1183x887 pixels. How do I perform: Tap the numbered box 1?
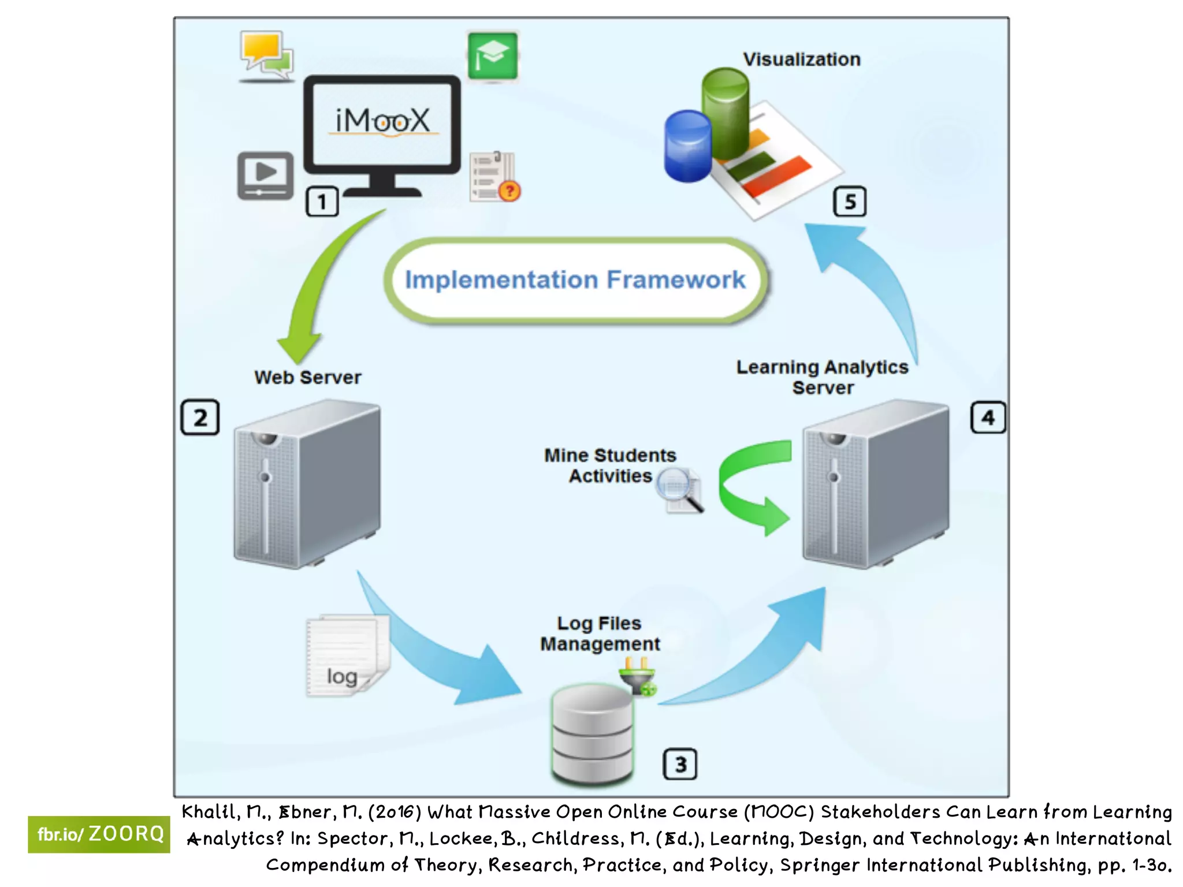[322, 202]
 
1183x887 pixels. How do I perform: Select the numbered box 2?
[200, 417]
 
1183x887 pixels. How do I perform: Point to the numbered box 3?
[680, 764]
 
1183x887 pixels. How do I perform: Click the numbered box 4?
[988, 418]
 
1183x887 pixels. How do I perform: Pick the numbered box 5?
[850, 202]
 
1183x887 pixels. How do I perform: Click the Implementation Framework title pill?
[575, 280]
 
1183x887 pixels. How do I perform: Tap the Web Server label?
[307, 378]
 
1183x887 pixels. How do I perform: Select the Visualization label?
[801, 59]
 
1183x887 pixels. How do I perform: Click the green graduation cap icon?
[492, 56]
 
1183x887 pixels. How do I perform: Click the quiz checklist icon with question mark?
[494, 177]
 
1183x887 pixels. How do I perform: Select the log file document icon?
[347, 655]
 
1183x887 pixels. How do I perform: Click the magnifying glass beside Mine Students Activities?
[680, 490]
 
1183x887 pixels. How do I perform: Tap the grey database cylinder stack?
[592, 733]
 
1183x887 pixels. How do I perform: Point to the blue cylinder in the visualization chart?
[687, 147]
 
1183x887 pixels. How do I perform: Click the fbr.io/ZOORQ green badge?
[99, 834]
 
